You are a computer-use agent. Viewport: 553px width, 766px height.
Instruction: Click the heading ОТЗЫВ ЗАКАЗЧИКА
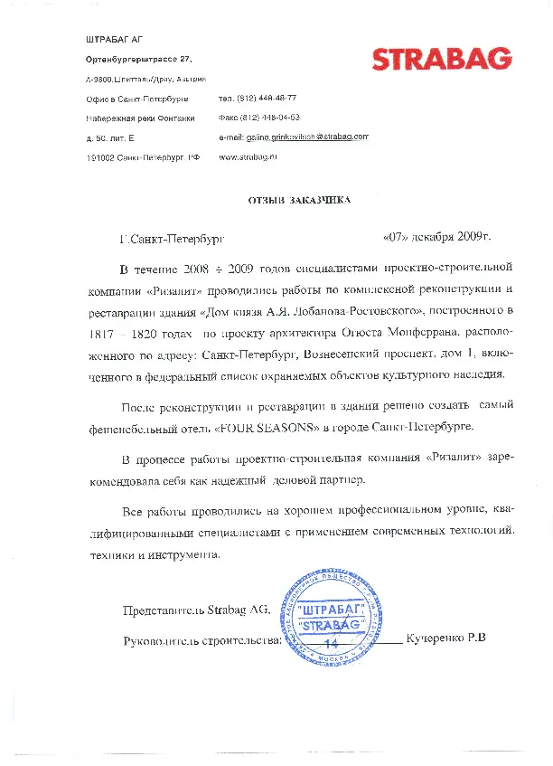(299, 199)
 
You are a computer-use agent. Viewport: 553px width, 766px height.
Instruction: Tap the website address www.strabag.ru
(248, 156)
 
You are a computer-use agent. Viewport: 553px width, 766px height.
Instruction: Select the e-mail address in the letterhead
(294, 137)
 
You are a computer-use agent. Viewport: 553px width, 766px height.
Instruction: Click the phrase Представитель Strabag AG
(196, 610)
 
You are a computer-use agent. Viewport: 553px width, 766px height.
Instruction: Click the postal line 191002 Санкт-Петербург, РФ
(143, 157)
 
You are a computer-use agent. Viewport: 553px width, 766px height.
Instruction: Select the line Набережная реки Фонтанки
(140, 118)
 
